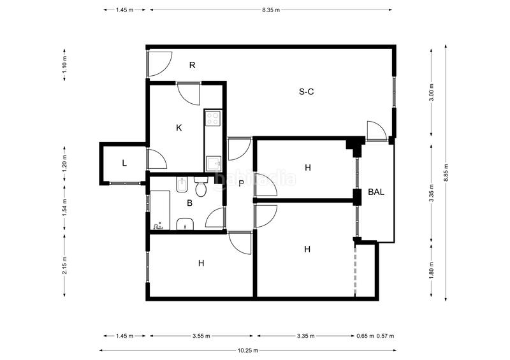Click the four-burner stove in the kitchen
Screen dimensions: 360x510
[x=212, y=118]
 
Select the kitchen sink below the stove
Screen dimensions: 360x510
[x=214, y=164]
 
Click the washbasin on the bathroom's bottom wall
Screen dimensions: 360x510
[x=184, y=224]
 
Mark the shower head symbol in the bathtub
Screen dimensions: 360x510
[x=159, y=225]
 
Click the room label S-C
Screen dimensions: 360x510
[x=306, y=92]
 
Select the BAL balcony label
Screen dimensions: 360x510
[x=376, y=191]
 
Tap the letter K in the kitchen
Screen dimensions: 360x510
[x=179, y=127]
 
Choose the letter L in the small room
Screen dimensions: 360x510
[x=124, y=163]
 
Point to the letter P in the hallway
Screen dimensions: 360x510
[x=241, y=184]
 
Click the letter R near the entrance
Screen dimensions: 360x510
[x=191, y=65]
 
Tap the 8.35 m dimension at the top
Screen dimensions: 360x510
[x=270, y=11]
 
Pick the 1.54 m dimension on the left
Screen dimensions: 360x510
[x=65, y=208]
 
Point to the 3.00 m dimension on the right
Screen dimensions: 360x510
[x=432, y=94]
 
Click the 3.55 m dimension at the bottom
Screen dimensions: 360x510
[x=202, y=336]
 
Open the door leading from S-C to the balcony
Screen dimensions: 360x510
[x=376, y=131]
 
